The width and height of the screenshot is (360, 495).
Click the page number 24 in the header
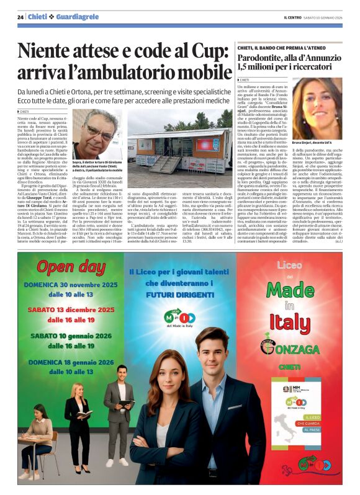point(20,17)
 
